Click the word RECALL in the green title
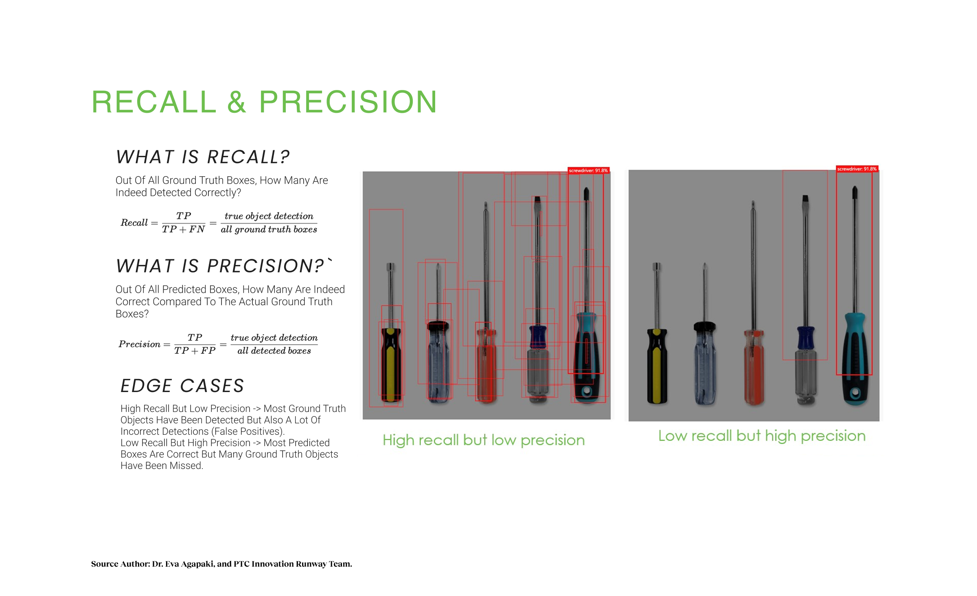154,102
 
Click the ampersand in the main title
237,102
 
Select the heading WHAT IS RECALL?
203,157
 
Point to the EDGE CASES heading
182,386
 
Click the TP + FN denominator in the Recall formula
183,230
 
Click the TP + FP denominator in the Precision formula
195,351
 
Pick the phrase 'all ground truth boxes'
269,230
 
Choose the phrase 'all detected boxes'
274,351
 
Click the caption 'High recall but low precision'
484,440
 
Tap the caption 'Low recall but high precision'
762,436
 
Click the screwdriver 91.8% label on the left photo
588,171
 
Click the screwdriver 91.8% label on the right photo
857,169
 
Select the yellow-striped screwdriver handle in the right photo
657,366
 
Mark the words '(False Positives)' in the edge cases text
248,432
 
